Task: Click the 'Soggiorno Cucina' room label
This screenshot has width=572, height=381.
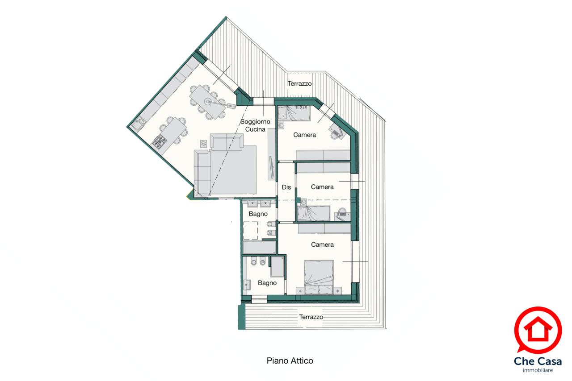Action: (x=255, y=125)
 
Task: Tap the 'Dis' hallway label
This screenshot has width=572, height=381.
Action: (x=286, y=187)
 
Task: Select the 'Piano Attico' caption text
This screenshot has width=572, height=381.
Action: (x=290, y=360)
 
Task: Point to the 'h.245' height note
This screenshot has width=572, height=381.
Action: (x=302, y=108)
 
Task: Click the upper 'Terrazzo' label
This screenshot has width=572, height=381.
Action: (x=299, y=83)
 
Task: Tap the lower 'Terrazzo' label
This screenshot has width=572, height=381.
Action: (x=311, y=317)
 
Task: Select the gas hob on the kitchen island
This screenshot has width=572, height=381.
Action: (x=160, y=141)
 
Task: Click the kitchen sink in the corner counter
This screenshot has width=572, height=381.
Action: (x=139, y=124)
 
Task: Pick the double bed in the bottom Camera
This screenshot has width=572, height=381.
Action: (x=319, y=277)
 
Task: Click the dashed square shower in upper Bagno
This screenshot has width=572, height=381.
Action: (x=251, y=231)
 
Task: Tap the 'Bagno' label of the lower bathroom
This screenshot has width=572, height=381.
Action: (x=267, y=282)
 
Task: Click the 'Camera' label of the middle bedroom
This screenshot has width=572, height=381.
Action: (x=322, y=187)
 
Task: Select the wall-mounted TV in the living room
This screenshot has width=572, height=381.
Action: (x=272, y=166)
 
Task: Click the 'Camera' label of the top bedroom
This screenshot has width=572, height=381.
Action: (x=304, y=135)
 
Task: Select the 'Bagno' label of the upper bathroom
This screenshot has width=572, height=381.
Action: (x=258, y=214)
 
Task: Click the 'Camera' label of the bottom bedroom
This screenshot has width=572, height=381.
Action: (x=322, y=244)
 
